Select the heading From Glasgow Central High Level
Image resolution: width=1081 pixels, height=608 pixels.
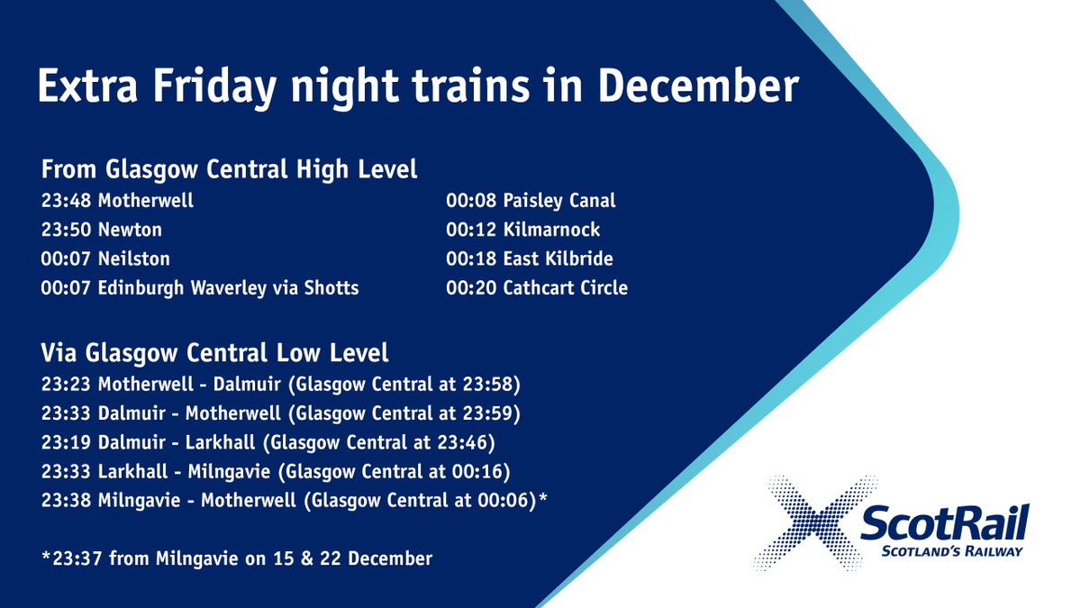coord(229,168)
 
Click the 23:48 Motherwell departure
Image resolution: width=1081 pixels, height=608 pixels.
coord(117,200)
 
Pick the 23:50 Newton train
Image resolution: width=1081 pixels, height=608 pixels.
coord(101,230)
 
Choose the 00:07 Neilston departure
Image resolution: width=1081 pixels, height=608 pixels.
coord(105,259)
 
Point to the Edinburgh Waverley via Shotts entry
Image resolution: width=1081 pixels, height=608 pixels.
coord(200,288)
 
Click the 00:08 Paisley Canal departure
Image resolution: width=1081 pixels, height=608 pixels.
coord(531,200)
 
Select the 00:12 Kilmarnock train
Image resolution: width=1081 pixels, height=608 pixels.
coord(523,230)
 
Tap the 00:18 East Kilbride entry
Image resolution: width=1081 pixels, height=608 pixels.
coord(530,259)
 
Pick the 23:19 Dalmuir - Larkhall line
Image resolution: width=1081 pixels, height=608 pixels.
coord(267,444)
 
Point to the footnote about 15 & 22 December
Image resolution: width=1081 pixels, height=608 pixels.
coord(237,558)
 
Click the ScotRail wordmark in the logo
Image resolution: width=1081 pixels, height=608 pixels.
coord(942,522)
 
